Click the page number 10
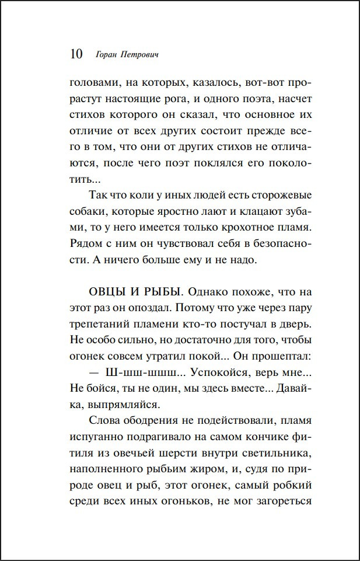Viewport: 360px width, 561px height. (x=76, y=54)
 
